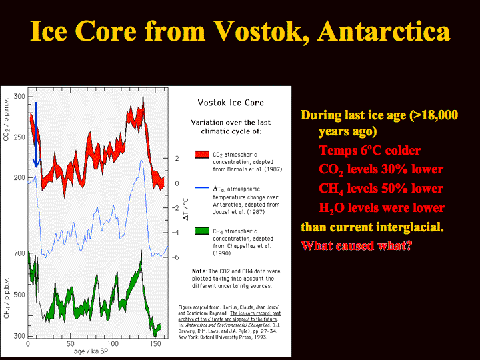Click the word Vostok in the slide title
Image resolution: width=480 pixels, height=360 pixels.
tap(258, 31)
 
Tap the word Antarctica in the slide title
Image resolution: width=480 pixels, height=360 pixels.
tap(383, 31)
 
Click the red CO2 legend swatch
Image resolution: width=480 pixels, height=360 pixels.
tap(202, 154)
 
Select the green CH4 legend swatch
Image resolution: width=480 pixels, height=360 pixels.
tap(202, 231)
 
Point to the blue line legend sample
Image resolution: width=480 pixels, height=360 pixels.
tap(202, 188)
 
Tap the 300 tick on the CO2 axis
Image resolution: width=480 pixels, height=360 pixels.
tap(19, 97)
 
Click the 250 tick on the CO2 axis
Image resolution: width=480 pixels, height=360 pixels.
tap(19, 137)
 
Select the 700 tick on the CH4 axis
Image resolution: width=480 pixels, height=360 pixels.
tap(19, 253)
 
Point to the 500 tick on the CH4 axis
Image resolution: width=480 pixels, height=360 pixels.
tap(19, 295)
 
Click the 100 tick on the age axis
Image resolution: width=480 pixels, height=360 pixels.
tap(113, 343)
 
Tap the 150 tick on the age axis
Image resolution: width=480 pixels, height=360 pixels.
tap(155, 343)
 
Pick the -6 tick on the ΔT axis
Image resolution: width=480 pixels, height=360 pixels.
tap(175, 257)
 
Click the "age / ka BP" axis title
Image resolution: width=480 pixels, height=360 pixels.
tap(91, 351)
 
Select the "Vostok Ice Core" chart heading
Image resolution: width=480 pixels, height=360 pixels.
tap(231, 103)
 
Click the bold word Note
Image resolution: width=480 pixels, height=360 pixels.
tap(199, 271)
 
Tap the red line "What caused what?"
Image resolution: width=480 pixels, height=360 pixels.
tap(357, 245)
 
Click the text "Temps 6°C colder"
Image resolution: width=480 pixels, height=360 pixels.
tap(369, 150)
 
